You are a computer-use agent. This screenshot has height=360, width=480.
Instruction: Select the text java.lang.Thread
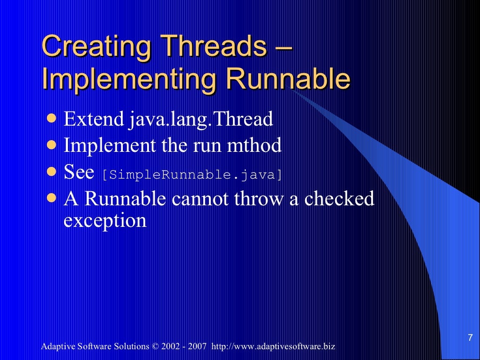(x=200, y=120)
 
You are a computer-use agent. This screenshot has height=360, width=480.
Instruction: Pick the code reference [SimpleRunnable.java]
(x=193, y=174)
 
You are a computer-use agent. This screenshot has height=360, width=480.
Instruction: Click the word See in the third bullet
(x=79, y=172)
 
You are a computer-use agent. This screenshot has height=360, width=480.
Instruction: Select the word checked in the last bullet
(x=339, y=199)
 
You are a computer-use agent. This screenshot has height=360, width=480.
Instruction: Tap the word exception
(x=105, y=220)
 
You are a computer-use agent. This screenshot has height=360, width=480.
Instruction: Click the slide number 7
(x=470, y=337)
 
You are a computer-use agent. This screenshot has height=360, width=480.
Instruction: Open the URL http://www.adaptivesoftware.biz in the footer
(x=273, y=347)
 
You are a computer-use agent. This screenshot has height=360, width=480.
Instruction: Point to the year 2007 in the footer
(x=197, y=347)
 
